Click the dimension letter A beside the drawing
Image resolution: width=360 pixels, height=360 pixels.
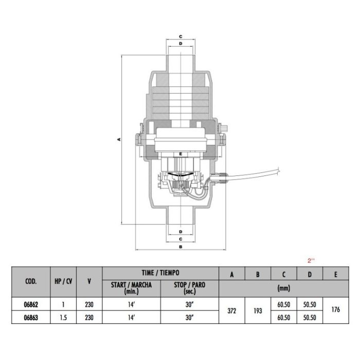click(x=118, y=139)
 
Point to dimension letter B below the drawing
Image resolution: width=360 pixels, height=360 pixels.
click(x=181, y=247)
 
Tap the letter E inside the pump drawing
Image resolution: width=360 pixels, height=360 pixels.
click(x=181, y=154)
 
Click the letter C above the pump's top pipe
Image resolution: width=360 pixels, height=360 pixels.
click(x=181, y=37)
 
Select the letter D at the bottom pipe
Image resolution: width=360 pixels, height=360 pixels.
click(x=181, y=231)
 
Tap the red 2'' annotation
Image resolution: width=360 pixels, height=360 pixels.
click(x=310, y=260)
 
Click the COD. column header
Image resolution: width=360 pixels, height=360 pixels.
click(x=30, y=281)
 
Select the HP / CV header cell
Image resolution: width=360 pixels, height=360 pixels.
click(x=63, y=281)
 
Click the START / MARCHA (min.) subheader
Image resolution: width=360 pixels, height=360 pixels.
click(x=131, y=288)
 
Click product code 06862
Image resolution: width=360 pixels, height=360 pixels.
click(x=30, y=304)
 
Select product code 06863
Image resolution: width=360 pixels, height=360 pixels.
click(x=30, y=318)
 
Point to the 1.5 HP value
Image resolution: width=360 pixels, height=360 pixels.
click(x=63, y=318)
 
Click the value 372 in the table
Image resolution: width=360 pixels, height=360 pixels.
click(x=232, y=311)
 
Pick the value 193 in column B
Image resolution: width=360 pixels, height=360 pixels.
click(x=258, y=311)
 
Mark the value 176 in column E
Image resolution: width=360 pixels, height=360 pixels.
click(x=336, y=311)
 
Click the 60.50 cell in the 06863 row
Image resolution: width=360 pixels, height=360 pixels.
click(x=284, y=318)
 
